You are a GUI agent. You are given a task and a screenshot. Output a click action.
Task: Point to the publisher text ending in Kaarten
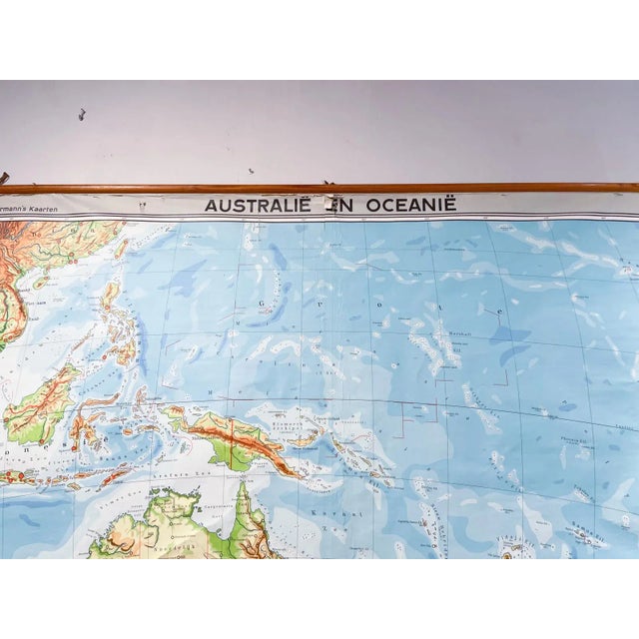(x=35, y=209)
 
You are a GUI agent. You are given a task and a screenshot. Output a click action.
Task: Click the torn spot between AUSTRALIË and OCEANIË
(x=329, y=204)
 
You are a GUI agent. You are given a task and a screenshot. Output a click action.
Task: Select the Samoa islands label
(x=589, y=536)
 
